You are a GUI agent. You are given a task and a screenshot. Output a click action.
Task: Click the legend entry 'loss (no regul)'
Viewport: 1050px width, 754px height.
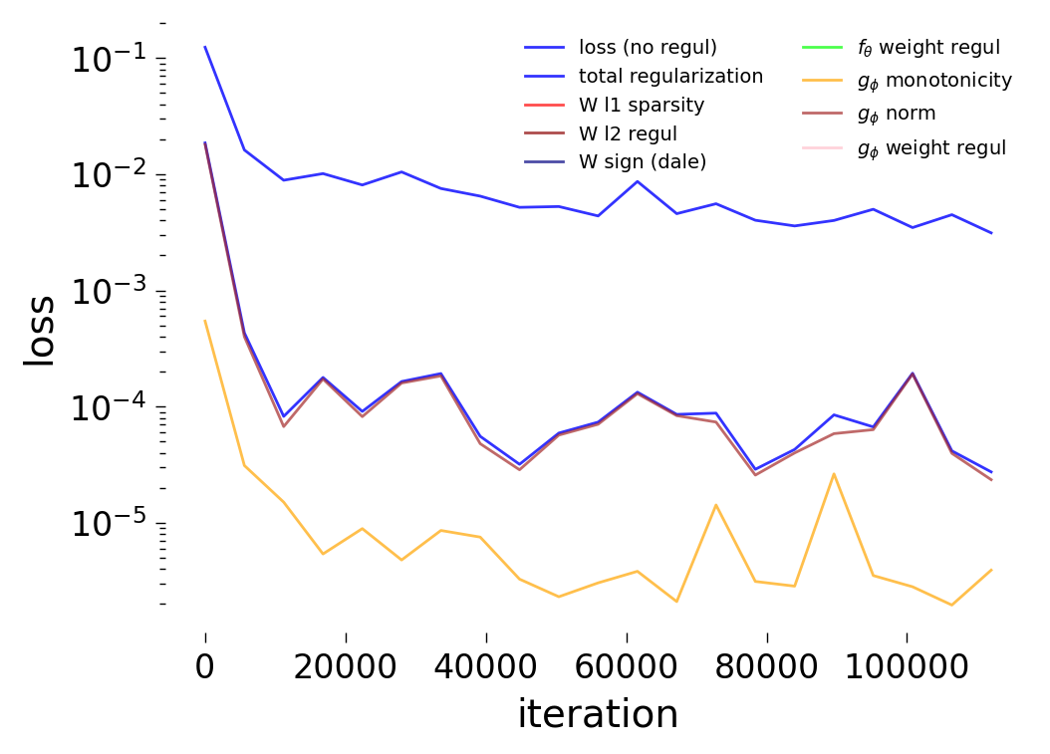(x=648, y=47)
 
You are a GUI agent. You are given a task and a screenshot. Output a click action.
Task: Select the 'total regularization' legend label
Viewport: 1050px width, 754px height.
(x=670, y=76)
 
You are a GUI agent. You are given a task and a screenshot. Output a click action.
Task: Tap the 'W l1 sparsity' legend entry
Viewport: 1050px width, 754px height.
(x=642, y=105)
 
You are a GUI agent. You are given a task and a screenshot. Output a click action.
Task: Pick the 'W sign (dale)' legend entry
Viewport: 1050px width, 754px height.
(x=643, y=162)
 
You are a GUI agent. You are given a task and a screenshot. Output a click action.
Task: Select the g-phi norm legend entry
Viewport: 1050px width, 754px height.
(x=896, y=114)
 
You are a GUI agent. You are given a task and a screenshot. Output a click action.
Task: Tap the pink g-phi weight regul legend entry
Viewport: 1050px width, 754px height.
(x=931, y=147)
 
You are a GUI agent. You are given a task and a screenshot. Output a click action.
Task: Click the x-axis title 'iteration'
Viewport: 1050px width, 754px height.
(x=598, y=714)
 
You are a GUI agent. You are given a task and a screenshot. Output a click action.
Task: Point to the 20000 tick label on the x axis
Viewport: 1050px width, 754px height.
(x=346, y=666)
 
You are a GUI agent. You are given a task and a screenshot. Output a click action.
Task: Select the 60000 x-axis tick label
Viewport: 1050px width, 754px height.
(x=626, y=666)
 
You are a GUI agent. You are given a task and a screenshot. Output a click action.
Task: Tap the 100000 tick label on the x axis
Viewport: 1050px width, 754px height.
(x=906, y=666)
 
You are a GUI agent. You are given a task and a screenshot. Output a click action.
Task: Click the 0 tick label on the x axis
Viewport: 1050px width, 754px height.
(x=205, y=666)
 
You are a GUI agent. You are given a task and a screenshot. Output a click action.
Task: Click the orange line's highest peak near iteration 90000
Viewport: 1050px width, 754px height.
(x=834, y=473)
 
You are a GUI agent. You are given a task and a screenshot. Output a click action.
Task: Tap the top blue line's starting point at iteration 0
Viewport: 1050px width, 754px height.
(x=205, y=47)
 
